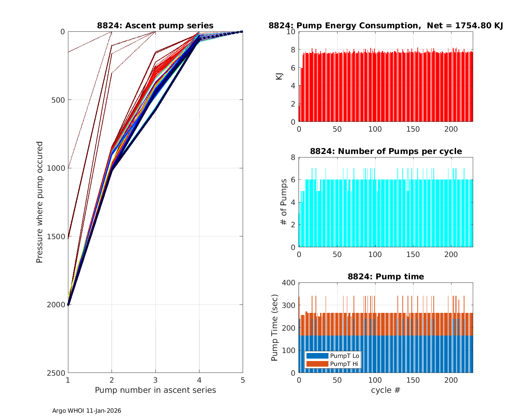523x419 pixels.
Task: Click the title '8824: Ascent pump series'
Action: pyautogui.click(x=155, y=25)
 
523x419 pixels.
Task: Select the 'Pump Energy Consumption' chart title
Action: pyautogui.click(x=386, y=25)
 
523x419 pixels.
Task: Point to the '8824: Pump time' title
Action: pyautogui.click(x=386, y=277)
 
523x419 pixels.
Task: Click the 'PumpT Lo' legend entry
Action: pyautogui.click(x=344, y=356)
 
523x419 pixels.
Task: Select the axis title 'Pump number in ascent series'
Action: pyautogui.click(x=155, y=390)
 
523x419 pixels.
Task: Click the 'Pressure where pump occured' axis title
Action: pyautogui.click(x=40, y=202)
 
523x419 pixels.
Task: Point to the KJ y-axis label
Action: pyautogui.click(x=279, y=76)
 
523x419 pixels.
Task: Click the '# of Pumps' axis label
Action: pyautogui.click(x=285, y=202)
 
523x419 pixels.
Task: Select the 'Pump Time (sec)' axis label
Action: pyautogui.click(x=275, y=328)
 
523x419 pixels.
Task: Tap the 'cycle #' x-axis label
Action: pyautogui.click(x=386, y=390)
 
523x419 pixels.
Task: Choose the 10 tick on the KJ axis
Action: pyautogui.click(x=291, y=32)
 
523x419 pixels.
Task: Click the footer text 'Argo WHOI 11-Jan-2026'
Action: pyautogui.click(x=86, y=411)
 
